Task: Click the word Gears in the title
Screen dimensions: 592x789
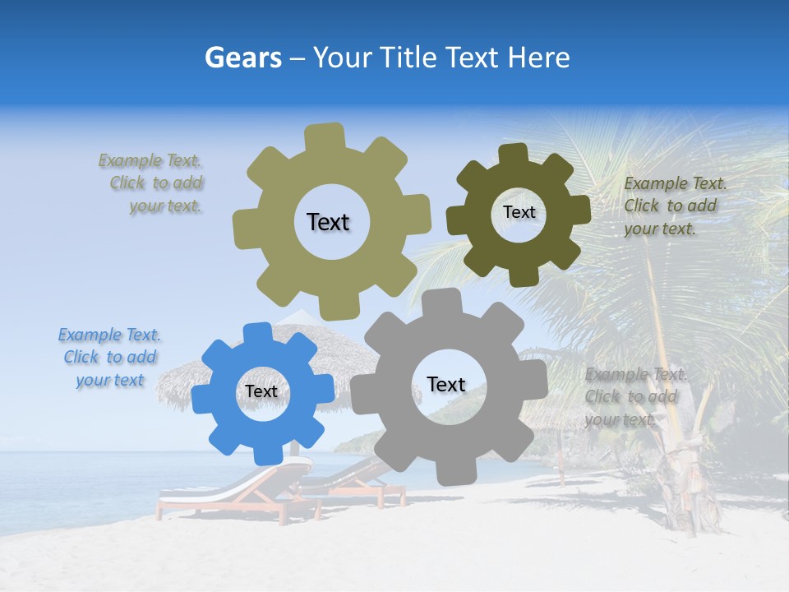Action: click(243, 58)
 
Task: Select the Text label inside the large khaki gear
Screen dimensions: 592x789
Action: click(328, 222)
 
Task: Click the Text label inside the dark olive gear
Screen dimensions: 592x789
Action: click(519, 212)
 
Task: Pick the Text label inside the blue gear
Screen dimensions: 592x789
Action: click(261, 391)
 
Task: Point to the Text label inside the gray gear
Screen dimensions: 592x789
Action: click(446, 384)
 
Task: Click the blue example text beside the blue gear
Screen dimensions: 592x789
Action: click(109, 358)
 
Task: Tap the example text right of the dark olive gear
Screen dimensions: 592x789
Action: click(674, 206)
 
